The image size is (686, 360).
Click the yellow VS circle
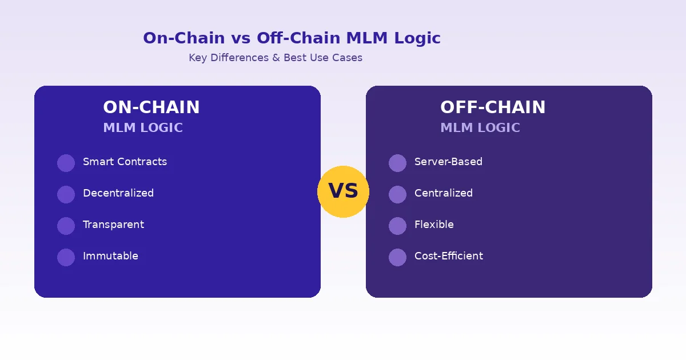tap(343, 191)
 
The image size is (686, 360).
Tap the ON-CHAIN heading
tap(151, 107)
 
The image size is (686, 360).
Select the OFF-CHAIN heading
tap(493, 107)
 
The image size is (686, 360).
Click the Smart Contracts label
tap(125, 162)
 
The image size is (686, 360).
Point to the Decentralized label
tap(118, 193)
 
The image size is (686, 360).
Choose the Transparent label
tap(113, 225)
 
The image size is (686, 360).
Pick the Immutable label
tap(110, 256)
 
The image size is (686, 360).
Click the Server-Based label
tap(448, 162)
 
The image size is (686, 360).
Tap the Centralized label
tap(444, 193)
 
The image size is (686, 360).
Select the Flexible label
tap(434, 225)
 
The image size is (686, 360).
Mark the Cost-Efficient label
tap(449, 256)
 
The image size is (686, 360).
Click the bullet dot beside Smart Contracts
tap(66, 163)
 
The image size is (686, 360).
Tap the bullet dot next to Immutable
tap(66, 257)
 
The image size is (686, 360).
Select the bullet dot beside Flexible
tap(397, 226)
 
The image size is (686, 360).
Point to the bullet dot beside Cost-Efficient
tap(397, 257)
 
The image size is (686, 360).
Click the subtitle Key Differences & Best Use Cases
tap(276, 58)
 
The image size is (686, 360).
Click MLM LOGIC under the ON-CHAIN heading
tap(143, 128)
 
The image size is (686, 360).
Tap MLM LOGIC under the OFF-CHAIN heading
tap(480, 128)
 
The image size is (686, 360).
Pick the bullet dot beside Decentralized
tap(66, 194)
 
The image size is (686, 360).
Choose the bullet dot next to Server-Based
tap(397, 163)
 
